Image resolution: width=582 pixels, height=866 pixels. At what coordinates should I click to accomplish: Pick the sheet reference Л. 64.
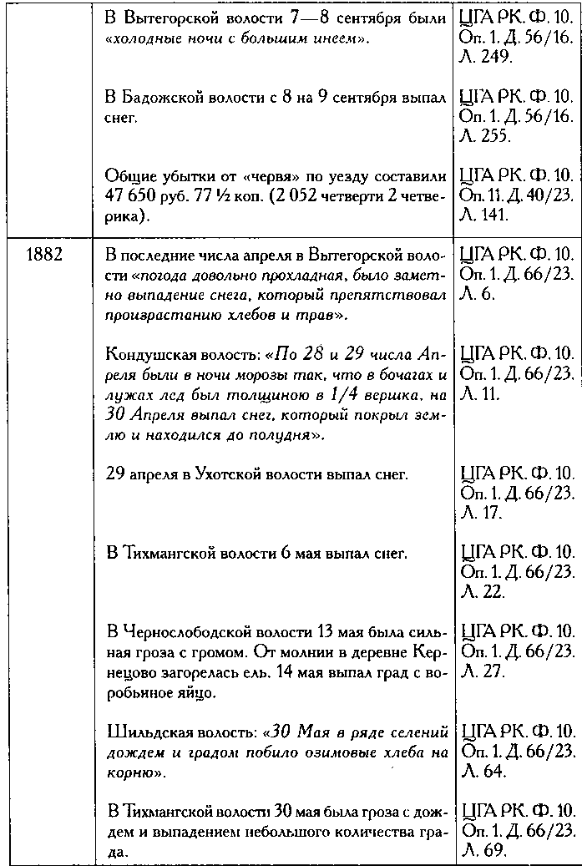click(483, 772)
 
